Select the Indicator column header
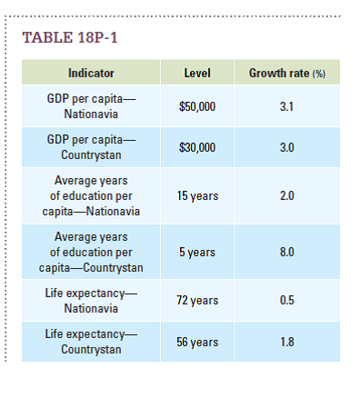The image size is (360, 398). [91, 73]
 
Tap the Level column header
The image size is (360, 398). [197, 73]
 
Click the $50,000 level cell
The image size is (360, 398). [197, 106]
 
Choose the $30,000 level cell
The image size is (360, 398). [197, 148]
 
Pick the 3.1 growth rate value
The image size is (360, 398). [287, 106]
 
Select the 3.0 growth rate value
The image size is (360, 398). [287, 148]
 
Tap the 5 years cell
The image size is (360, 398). [197, 252]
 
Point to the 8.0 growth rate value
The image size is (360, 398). [287, 252]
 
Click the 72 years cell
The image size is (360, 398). [197, 301]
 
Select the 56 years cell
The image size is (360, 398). [197, 342]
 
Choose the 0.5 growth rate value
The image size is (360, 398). [287, 301]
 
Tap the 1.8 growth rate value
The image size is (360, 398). [287, 342]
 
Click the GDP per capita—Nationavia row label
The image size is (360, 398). [91, 106]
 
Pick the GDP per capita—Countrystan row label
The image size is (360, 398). [91, 148]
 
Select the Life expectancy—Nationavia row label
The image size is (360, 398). [91, 301]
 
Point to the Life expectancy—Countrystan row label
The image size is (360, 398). [91, 342]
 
